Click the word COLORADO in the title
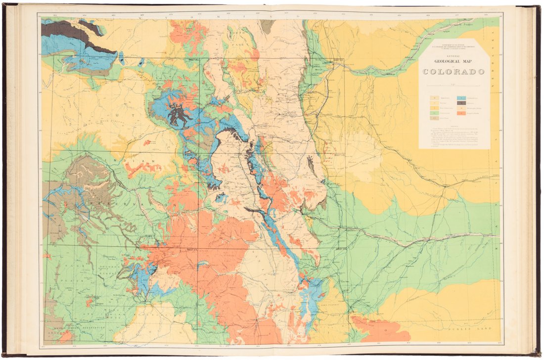[453, 72]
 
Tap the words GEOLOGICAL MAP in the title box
[453, 62]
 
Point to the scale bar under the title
[453, 86]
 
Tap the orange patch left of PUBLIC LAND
[381, 329]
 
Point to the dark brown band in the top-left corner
[74, 37]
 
